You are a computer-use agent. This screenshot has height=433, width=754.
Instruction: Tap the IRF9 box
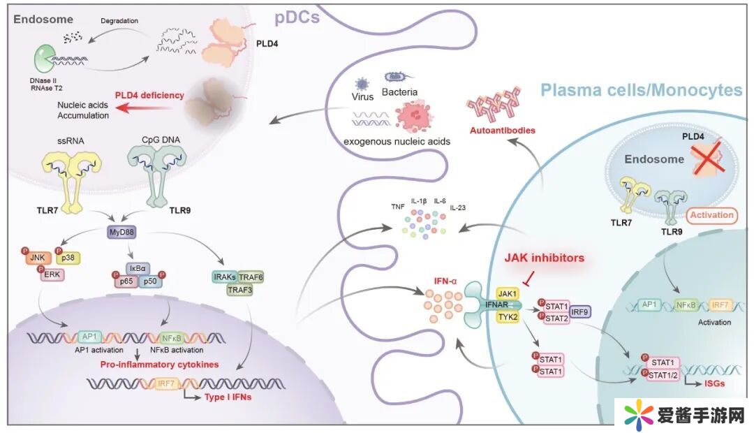582,311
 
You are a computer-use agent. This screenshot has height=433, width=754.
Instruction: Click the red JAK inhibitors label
544,258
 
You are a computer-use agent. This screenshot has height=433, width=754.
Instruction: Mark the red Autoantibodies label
502,130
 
